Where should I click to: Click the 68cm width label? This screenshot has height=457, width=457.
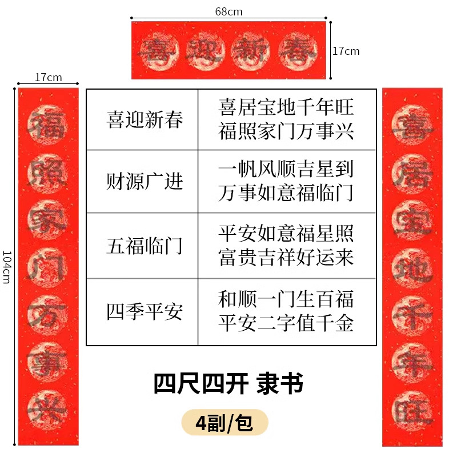click(228, 11)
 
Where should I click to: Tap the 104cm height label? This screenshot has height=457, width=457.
click(7, 266)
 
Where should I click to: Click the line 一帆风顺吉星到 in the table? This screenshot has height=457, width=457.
click(286, 170)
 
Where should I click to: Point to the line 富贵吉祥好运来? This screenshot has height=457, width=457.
click(286, 258)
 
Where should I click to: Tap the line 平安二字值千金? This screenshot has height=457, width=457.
click(286, 323)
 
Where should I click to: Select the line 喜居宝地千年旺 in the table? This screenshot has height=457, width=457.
click(286, 107)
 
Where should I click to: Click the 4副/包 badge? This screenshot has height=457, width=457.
click(224, 423)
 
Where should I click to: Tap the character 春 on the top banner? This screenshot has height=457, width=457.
click(301, 51)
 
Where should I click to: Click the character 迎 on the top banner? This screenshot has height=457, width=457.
click(204, 51)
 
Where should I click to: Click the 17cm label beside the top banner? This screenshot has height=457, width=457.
click(346, 51)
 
